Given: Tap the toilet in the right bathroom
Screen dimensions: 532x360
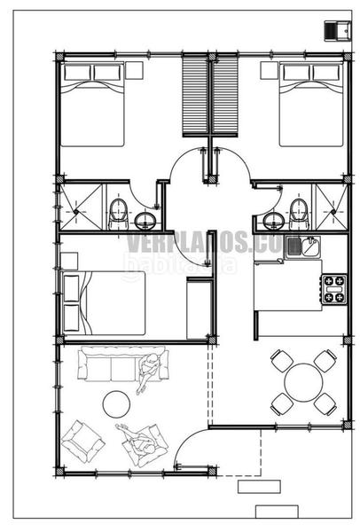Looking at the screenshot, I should click(299, 212).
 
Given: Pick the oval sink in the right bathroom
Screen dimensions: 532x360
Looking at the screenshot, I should click(272, 219).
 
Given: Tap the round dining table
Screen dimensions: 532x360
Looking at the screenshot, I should click(303, 381).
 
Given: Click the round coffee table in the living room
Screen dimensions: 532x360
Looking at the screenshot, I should click(117, 404).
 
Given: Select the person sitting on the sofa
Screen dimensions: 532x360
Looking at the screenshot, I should click(151, 370).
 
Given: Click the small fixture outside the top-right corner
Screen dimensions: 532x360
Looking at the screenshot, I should click(335, 29).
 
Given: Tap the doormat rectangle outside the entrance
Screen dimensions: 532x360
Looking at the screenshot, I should click(260, 488).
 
